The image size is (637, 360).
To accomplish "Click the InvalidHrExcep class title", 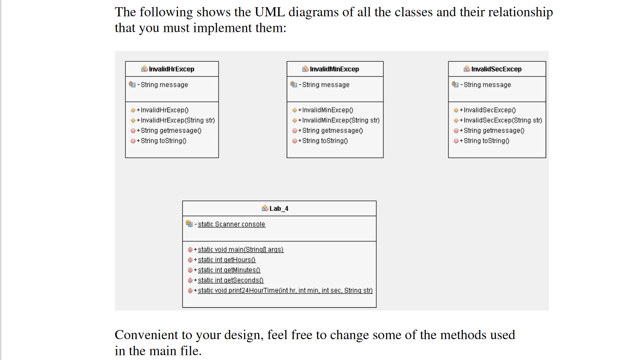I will click(171, 69).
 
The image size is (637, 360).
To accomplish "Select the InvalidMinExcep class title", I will click(334, 69).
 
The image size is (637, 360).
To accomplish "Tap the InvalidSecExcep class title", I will click(496, 69).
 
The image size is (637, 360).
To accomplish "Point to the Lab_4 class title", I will click(279, 209).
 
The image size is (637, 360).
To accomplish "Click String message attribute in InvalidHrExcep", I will click(164, 85).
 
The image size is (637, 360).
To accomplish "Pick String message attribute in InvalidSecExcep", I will click(487, 85).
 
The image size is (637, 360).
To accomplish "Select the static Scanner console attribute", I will click(231, 224).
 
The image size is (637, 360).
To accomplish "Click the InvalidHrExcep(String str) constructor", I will click(178, 120).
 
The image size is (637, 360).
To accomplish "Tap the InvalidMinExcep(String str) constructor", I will click(341, 120).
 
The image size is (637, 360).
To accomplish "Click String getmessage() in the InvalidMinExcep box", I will click(333, 130).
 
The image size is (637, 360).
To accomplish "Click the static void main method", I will click(240, 250).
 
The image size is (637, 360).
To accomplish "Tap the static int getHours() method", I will click(227, 260).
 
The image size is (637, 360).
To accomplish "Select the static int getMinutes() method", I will click(229, 270).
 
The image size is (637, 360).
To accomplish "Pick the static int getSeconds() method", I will click(230, 280).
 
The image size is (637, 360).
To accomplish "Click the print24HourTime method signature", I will click(285, 290).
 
